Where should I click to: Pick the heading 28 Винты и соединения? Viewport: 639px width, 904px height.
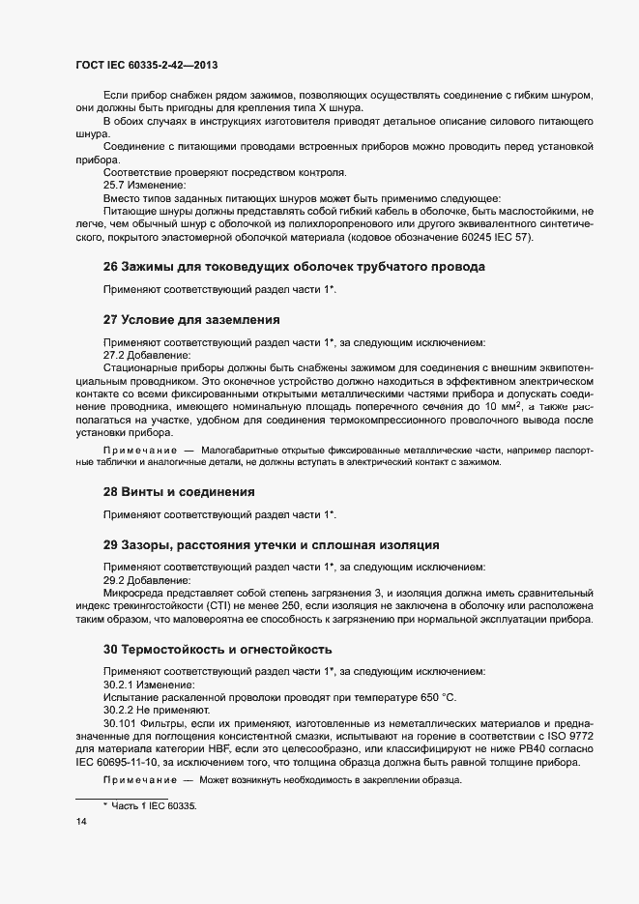pos(179,491)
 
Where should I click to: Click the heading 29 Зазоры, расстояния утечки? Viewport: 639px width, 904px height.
pos(271,544)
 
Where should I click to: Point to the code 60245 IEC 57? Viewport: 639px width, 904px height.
pos(492,239)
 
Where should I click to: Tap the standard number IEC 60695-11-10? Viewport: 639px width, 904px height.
pos(117,761)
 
